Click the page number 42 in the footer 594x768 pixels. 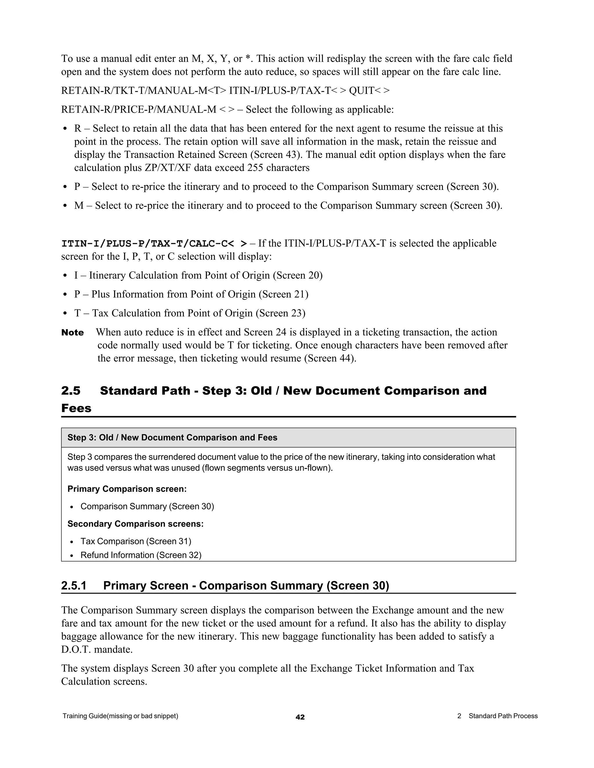[x=300, y=717]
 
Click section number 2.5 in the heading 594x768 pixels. [x=71, y=391]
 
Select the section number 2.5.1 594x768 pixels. [x=74, y=585]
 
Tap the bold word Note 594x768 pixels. [x=73, y=333]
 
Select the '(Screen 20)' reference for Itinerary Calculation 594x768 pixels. [x=298, y=275]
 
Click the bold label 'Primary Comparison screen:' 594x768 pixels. [x=127, y=489]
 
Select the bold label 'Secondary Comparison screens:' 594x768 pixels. [x=135, y=524]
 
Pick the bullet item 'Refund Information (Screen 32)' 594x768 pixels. [x=141, y=555]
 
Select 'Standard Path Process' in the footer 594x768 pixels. [x=503, y=716]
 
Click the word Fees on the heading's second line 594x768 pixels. [x=76, y=408]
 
